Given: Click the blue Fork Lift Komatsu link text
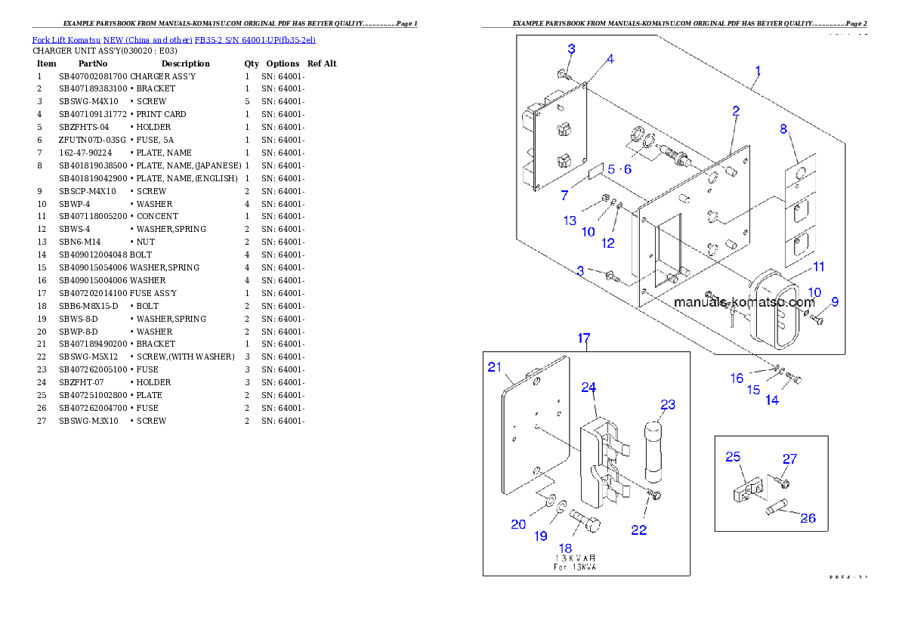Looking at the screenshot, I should tap(174, 39).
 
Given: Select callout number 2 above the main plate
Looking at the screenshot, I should tap(735, 111).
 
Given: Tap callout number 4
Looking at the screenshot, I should tap(610, 59).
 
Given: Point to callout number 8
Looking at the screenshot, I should tap(783, 128).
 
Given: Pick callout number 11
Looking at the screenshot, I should tap(819, 267).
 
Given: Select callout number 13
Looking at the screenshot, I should tap(570, 221).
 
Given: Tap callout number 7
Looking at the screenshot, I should tap(564, 196).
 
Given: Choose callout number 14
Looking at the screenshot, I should tap(771, 400).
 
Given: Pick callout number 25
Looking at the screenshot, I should tap(733, 456).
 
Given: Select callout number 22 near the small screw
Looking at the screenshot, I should tap(638, 529).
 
